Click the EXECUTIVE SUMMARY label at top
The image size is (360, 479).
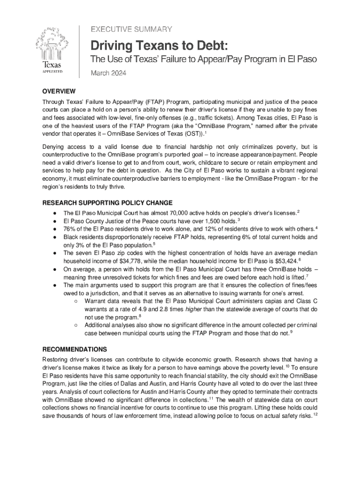(131, 29)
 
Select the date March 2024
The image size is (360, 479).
(108, 73)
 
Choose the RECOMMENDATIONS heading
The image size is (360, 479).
(74, 349)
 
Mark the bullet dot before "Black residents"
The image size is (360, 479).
(55, 237)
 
